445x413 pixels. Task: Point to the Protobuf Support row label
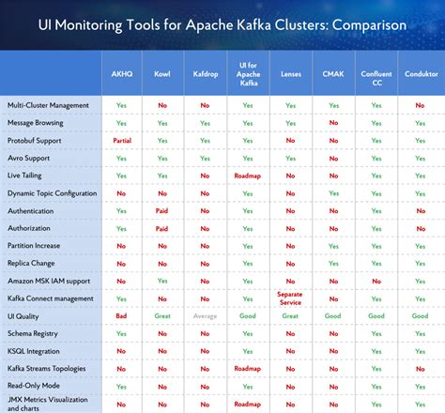tap(35, 140)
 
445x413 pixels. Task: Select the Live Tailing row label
tap(25, 176)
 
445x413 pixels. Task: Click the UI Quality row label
tap(23, 316)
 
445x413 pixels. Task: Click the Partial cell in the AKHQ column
tap(121, 140)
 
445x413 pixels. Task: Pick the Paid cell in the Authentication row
tap(162, 211)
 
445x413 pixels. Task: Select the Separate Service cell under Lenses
tap(290, 298)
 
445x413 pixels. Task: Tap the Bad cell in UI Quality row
tap(121, 316)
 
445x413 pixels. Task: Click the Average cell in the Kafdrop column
tap(205, 316)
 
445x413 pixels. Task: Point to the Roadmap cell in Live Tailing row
tap(248, 176)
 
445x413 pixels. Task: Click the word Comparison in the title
tap(353, 24)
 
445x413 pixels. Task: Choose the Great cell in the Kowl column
tap(162, 316)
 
